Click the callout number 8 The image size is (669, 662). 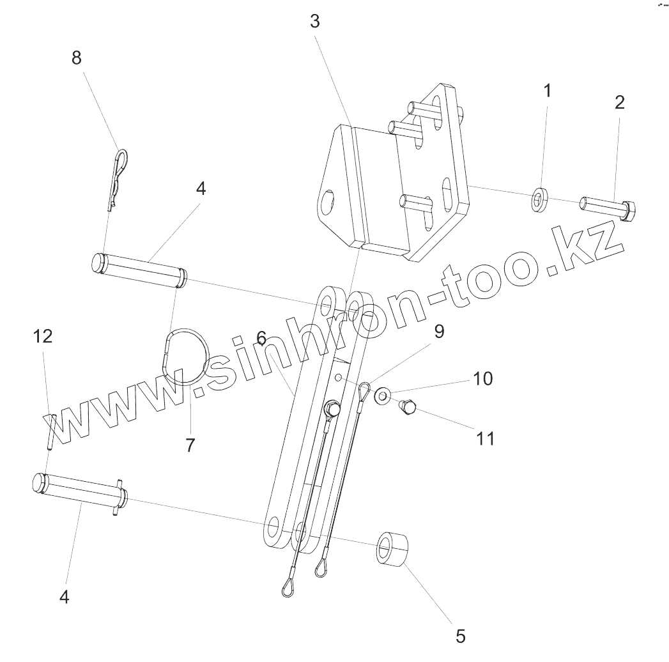[77, 58]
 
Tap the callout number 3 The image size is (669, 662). [314, 21]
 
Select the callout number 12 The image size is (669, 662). [43, 336]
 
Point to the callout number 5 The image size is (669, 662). [461, 636]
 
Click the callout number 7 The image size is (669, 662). [190, 445]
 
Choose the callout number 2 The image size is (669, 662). [620, 102]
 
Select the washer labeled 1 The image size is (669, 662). [541, 199]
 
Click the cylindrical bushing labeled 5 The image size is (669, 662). [392, 548]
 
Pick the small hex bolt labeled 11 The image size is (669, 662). [406, 406]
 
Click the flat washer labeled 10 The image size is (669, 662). [383, 396]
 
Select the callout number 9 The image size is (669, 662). [439, 332]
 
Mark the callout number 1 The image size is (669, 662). [547, 90]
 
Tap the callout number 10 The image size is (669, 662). [483, 379]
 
